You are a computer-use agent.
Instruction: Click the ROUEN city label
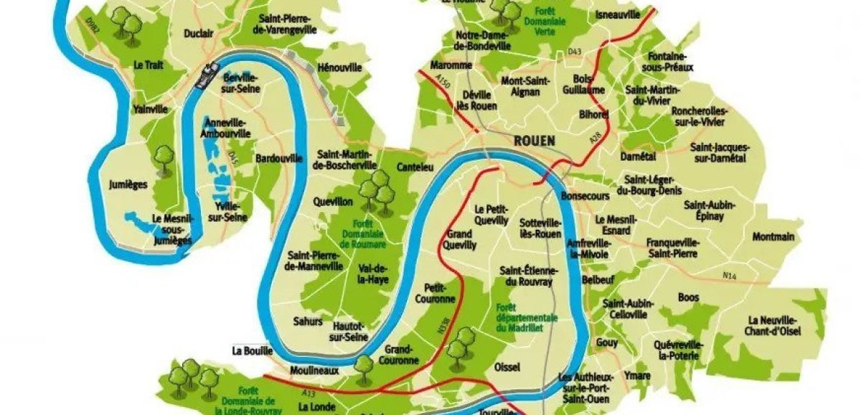coord(534,141)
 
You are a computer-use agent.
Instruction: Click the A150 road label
coord(445,85)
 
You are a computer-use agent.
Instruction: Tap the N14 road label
coord(730,276)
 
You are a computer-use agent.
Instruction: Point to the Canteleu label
coord(414,167)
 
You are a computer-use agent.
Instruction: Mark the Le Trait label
coord(149,65)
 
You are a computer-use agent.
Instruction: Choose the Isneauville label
coord(616,14)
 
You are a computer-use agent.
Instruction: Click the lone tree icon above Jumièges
coord(165,157)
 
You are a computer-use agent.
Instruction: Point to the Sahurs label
coord(308,321)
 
